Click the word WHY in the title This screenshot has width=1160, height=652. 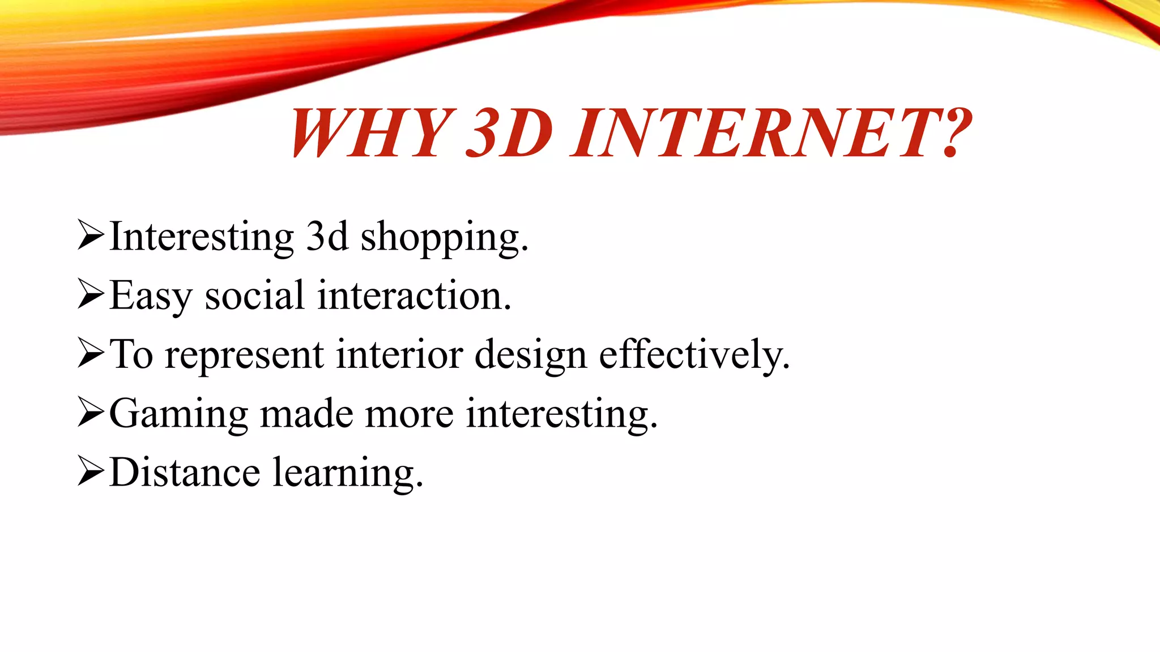coord(371,133)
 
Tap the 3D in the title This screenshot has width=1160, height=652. coord(509,133)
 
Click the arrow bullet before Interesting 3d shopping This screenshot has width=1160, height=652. coord(91,236)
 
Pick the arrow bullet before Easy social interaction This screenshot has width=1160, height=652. coord(91,295)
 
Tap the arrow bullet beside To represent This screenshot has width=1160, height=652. coord(91,354)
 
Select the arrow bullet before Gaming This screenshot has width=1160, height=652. coord(91,413)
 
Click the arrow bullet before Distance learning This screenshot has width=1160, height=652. coord(91,473)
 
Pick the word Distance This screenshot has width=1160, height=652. coord(185,473)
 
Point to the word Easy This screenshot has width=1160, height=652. coord(151,297)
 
